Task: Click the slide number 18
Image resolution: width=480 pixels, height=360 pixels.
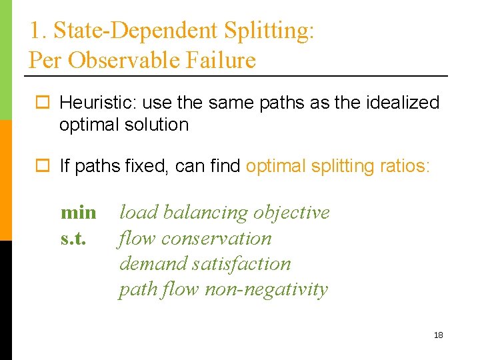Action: (x=438, y=335)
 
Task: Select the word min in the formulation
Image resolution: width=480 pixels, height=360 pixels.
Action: (x=78, y=213)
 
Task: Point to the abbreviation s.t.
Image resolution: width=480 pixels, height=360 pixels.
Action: (x=73, y=238)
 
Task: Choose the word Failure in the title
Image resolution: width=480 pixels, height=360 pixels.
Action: (x=222, y=61)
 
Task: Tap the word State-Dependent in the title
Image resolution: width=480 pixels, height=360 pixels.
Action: (x=135, y=30)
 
